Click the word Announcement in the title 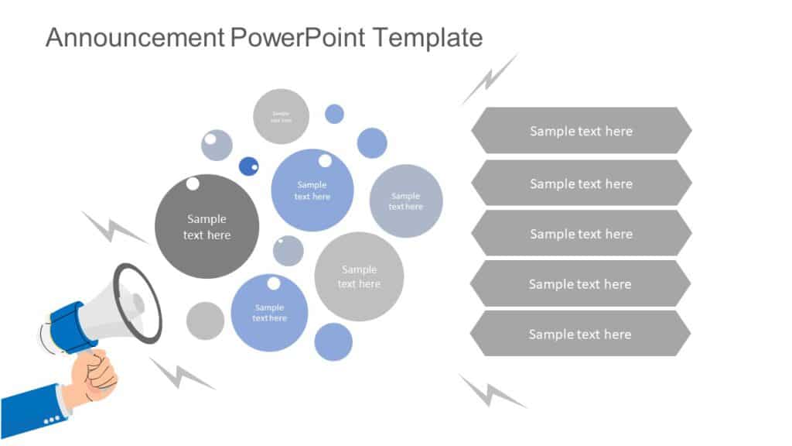tap(135, 36)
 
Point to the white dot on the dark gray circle tap(193, 184)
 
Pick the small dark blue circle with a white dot tap(249, 166)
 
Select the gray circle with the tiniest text tap(281, 117)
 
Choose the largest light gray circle tap(359, 276)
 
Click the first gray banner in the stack tap(581, 131)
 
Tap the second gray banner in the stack tap(581, 184)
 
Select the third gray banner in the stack tap(581, 234)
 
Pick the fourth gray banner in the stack tap(580, 284)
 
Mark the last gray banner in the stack tap(580, 334)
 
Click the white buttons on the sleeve tap(53, 420)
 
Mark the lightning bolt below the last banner tap(490, 392)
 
